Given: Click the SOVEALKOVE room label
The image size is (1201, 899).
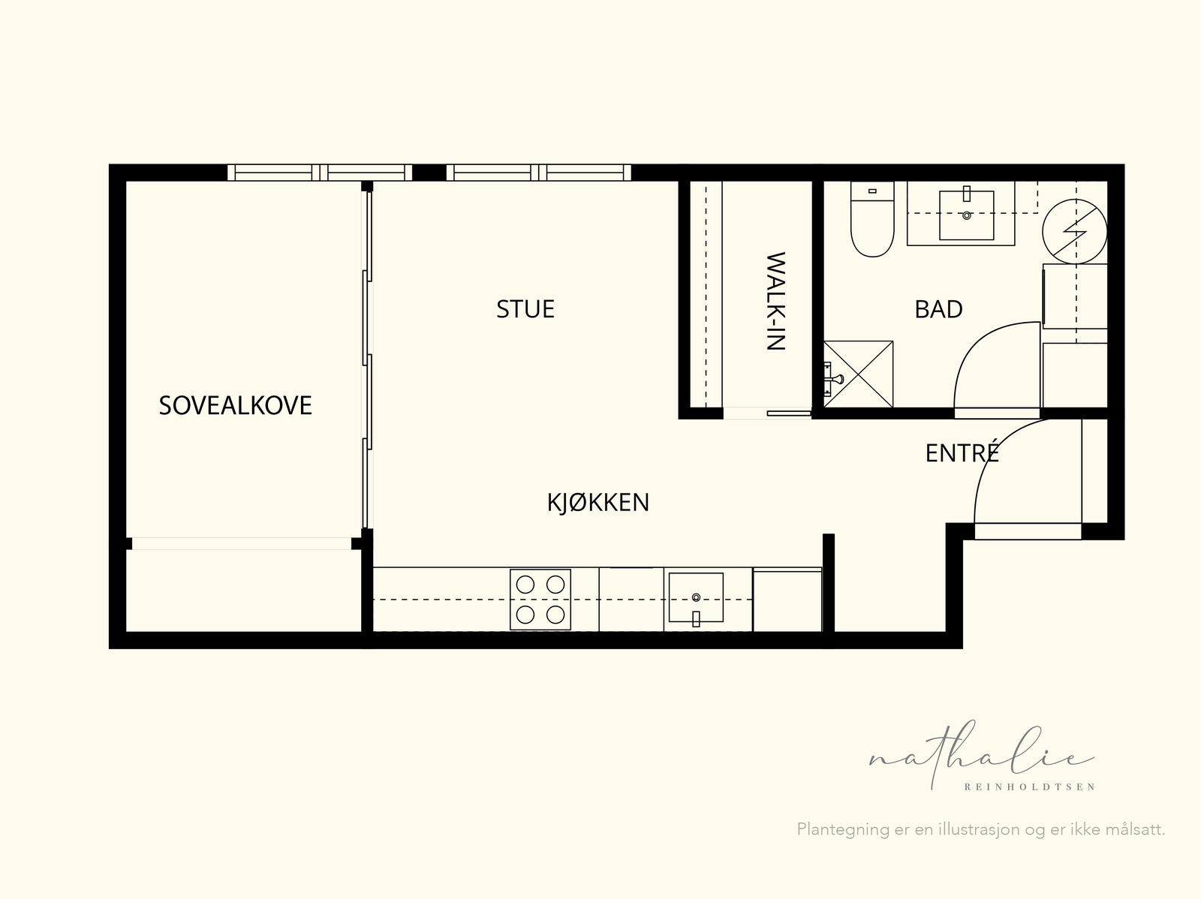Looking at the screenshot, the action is (x=235, y=405).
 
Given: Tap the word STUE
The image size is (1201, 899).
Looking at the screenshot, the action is (x=525, y=309).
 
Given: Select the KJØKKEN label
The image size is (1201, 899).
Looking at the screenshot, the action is (x=598, y=502).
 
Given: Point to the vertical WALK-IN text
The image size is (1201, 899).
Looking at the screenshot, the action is (x=776, y=301).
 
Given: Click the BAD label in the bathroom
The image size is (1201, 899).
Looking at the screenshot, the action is (x=939, y=309).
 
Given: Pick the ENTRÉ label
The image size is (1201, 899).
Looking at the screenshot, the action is (x=962, y=453).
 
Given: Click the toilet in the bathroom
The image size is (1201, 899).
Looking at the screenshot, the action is (x=872, y=219).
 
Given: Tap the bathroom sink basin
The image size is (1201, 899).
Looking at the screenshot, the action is (x=966, y=215).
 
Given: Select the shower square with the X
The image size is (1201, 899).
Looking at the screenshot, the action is (x=858, y=374).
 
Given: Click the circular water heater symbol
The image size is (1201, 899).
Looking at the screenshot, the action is (x=1075, y=231).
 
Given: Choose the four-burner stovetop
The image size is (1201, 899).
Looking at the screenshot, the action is (x=540, y=600).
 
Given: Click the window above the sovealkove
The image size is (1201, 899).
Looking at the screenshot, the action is (x=320, y=173).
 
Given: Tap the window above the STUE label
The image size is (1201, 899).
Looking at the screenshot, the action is (x=538, y=173).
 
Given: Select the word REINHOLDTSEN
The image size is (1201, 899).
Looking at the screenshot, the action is (x=1029, y=787).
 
